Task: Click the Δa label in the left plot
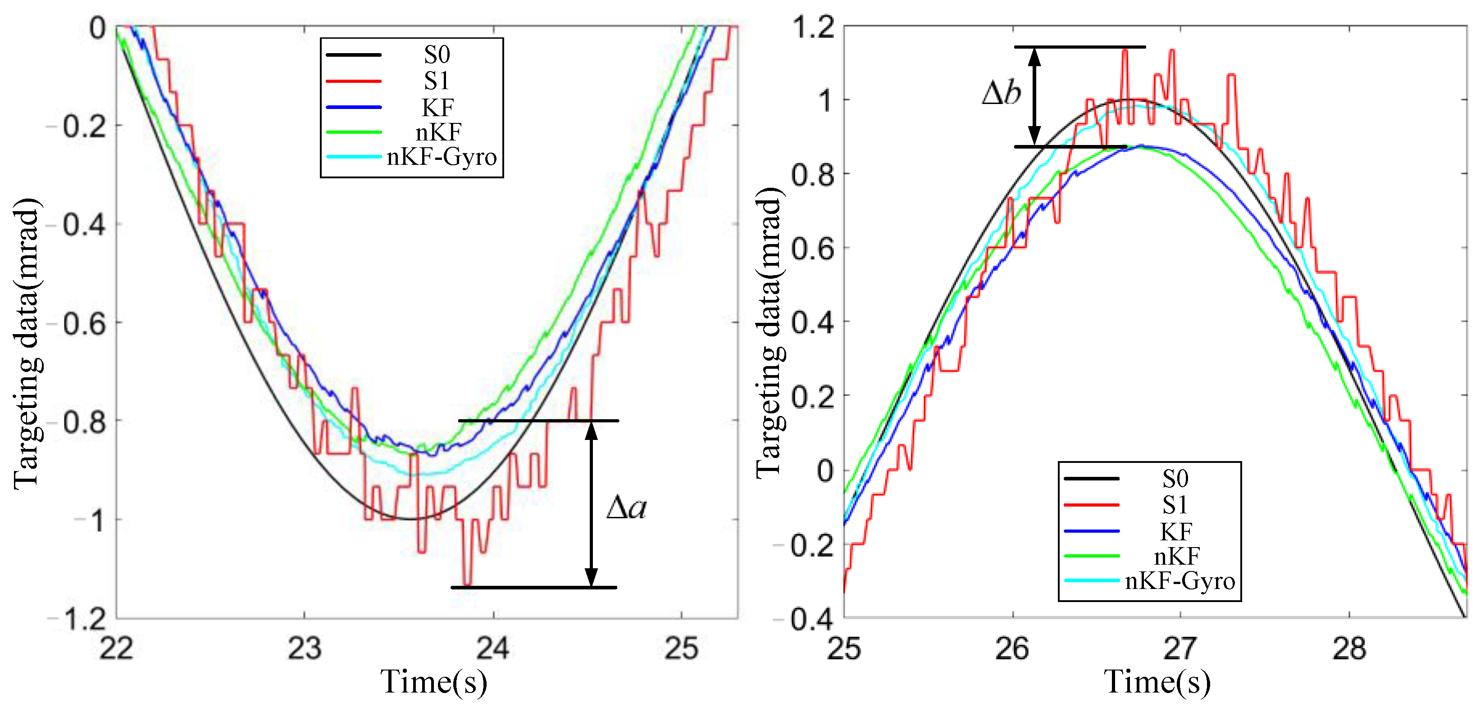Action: tap(626, 507)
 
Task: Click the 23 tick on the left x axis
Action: tap(304, 649)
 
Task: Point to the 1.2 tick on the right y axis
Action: tap(812, 27)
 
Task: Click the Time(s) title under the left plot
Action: tap(434, 682)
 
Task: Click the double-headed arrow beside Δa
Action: tap(591, 504)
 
